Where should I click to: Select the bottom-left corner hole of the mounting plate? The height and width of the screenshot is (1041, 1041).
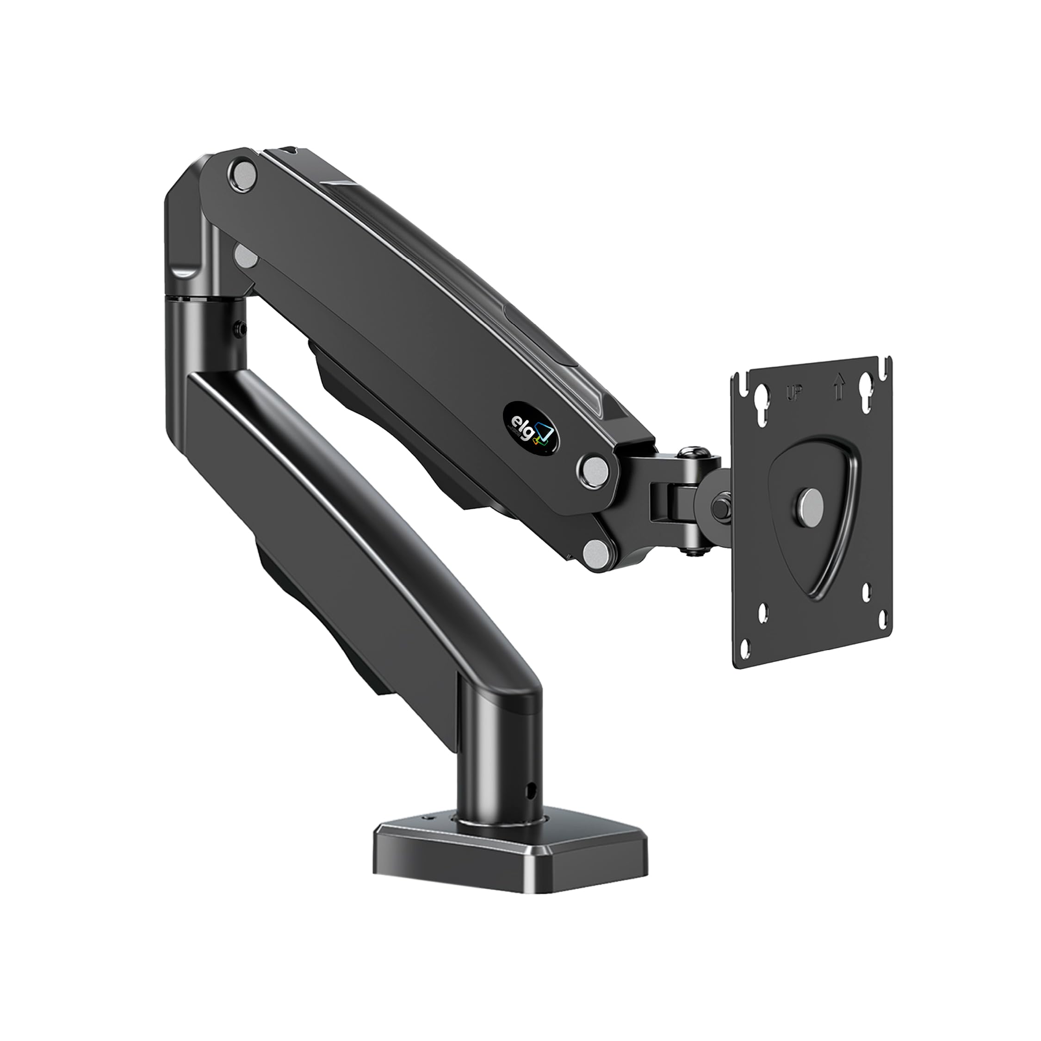click(745, 649)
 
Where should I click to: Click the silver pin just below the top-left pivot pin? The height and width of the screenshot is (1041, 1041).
click(245, 254)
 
